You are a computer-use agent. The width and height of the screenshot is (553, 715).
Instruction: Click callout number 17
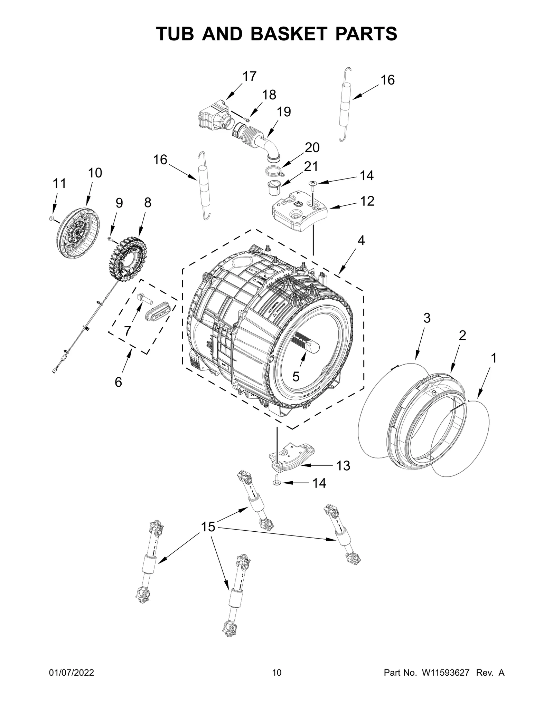coord(249,76)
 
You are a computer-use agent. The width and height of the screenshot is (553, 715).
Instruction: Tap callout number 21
coord(311,166)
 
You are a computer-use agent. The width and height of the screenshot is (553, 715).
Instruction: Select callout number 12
coord(367,201)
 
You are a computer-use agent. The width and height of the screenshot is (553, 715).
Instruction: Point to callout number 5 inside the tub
coord(296,377)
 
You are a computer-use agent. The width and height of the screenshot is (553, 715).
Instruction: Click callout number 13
coord(343,466)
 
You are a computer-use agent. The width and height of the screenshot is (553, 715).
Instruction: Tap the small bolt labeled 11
coord(51,218)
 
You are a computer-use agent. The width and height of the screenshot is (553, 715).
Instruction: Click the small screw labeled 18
coord(246,119)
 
